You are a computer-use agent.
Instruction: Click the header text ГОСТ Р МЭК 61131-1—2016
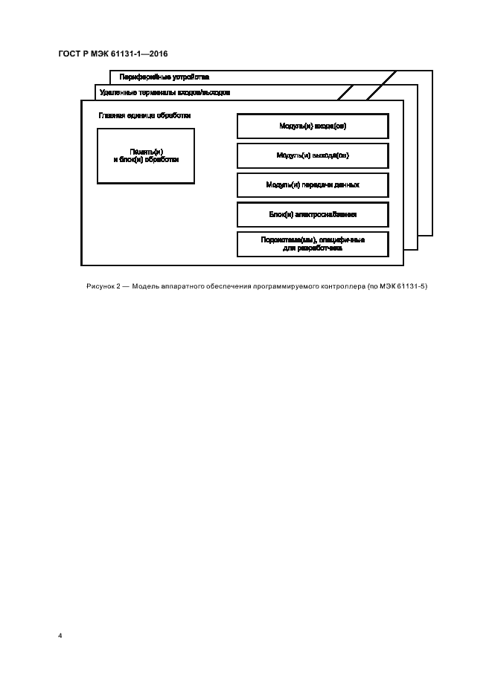(112, 53)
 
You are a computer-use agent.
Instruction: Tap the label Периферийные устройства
(164, 77)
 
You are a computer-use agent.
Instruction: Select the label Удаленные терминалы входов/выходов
(164, 93)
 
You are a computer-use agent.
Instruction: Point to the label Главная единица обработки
(144, 115)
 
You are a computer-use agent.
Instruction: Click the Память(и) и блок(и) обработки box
(146, 155)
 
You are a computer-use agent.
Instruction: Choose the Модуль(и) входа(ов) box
(312, 126)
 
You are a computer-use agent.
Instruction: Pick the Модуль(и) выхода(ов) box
(312, 155)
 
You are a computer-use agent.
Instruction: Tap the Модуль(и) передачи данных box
(312, 184)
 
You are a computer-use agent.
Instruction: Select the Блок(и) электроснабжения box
(312, 214)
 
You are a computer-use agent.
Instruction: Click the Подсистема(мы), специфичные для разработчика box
(312, 244)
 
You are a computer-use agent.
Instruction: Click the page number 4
(60, 637)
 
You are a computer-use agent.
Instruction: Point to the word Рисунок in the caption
(92, 286)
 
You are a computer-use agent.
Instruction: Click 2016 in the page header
(157, 53)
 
